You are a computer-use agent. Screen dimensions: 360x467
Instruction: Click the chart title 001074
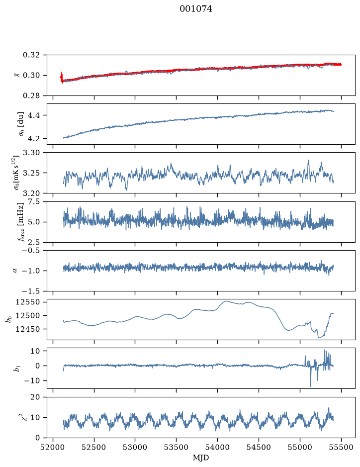point(196,9)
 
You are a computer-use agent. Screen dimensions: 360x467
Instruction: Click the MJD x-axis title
point(201,458)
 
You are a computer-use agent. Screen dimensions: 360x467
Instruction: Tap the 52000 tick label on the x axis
point(53,447)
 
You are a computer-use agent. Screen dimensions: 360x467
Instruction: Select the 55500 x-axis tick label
point(341,447)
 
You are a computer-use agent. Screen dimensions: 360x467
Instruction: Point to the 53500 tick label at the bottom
point(177,447)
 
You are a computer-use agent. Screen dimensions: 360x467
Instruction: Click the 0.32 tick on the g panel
point(31,55)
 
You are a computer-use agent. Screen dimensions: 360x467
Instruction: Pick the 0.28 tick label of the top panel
point(31,95)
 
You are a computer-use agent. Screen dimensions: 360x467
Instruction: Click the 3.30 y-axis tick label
point(31,153)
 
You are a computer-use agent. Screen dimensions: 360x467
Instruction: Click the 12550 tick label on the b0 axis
point(27,302)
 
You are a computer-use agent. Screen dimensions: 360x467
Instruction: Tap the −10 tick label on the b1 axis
point(31,380)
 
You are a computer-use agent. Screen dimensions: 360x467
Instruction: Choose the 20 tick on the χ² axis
point(35,397)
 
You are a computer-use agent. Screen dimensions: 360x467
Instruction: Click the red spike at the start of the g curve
point(62,77)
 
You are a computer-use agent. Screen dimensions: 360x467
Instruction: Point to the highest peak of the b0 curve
point(226,301)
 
